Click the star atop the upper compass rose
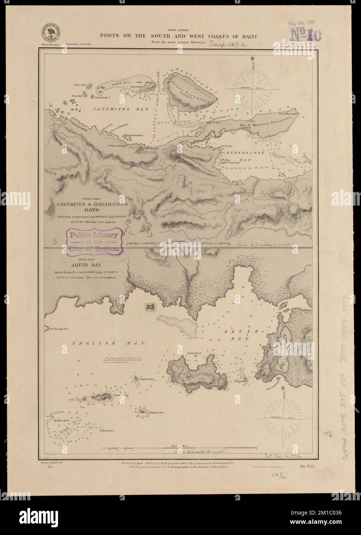253,58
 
